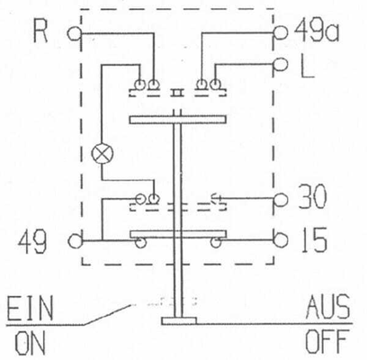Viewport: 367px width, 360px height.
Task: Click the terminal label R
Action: click(x=40, y=31)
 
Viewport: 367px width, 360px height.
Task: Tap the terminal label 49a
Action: click(x=317, y=31)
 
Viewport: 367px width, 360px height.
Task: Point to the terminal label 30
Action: click(x=312, y=197)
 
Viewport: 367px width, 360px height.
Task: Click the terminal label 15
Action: click(x=313, y=240)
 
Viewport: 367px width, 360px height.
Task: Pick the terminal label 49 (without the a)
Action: click(x=32, y=242)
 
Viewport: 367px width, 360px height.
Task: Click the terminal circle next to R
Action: click(x=74, y=33)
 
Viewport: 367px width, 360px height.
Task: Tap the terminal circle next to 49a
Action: click(x=281, y=31)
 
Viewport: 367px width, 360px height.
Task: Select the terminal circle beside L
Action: click(x=281, y=65)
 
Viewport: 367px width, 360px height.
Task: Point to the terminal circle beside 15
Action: click(x=281, y=240)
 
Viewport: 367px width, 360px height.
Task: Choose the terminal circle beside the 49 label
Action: click(x=75, y=241)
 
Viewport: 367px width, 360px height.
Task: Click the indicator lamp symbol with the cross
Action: click(x=103, y=154)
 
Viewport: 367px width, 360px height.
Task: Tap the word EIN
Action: click(x=30, y=309)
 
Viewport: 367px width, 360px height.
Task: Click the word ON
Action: click(x=31, y=343)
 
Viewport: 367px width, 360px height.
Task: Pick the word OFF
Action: click(x=327, y=341)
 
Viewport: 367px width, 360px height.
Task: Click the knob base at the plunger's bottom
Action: click(x=179, y=321)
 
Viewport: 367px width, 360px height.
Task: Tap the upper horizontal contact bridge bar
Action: click(x=178, y=120)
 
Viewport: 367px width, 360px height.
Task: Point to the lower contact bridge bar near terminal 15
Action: click(x=178, y=234)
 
